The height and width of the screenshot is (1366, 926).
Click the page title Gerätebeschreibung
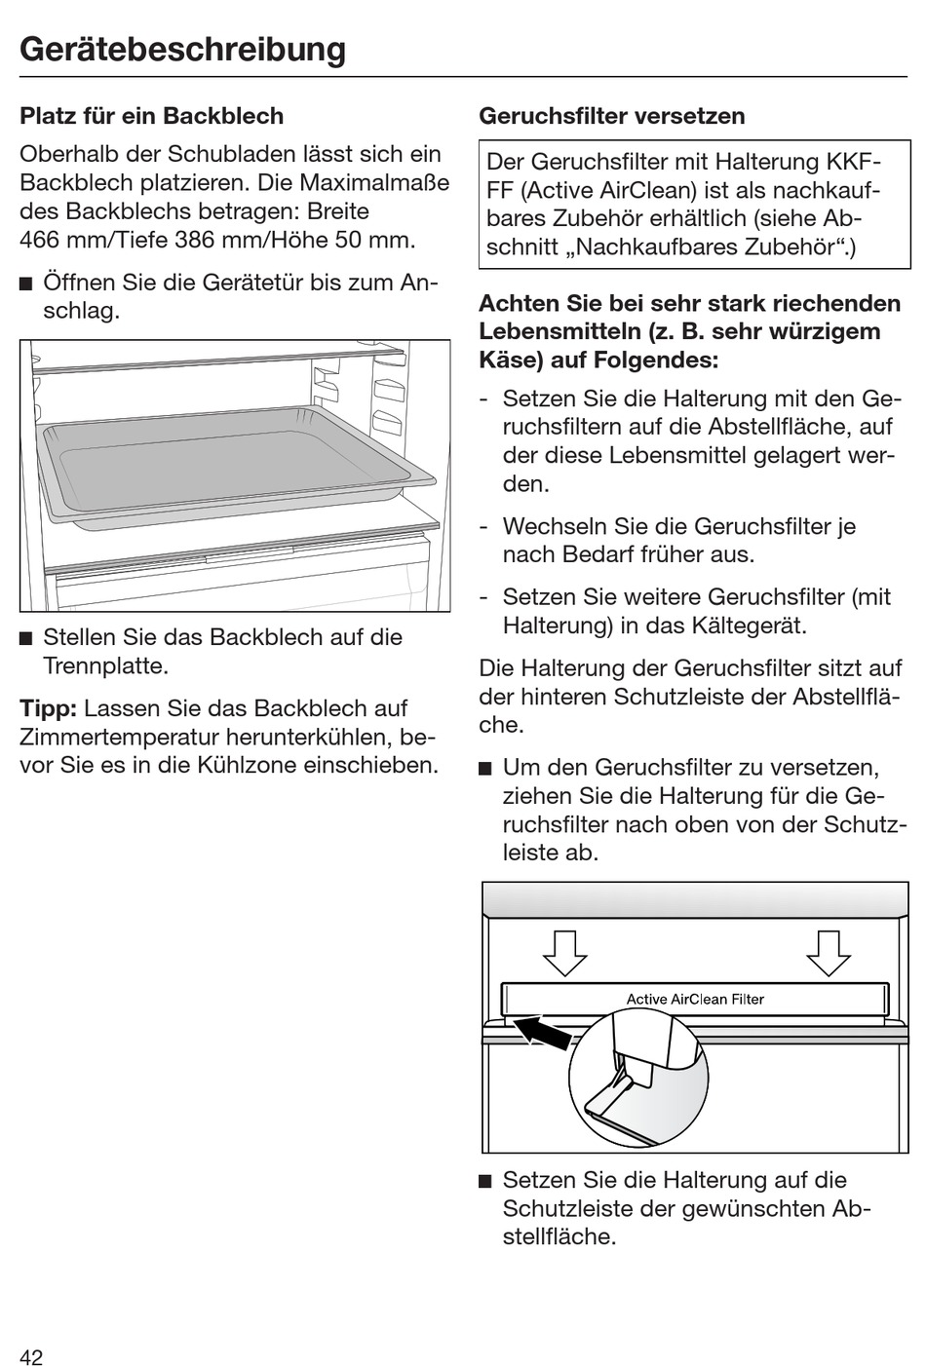pyautogui.click(x=182, y=49)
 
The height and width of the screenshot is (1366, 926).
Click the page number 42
pyautogui.click(x=31, y=1357)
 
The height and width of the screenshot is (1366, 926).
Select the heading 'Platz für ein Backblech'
pyautogui.click(x=151, y=116)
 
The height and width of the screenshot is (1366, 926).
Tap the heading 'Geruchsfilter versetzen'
pyautogui.click(x=611, y=116)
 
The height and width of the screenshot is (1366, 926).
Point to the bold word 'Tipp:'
pyautogui.click(x=48, y=708)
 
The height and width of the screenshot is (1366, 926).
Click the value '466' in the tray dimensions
pyautogui.click(x=41, y=240)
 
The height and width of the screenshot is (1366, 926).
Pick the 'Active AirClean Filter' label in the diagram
pyautogui.click(x=694, y=999)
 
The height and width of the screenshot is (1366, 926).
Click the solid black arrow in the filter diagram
pyautogui.click(x=542, y=1032)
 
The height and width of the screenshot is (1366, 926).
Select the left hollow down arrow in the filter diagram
pyautogui.click(x=564, y=952)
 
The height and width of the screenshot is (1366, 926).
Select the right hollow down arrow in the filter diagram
pyautogui.click(x=829, y=952)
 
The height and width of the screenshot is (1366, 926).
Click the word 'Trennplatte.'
pyautogui.click(x=106, y=666)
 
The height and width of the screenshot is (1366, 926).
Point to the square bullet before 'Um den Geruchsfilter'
pyautogui.click(x=485, y=768)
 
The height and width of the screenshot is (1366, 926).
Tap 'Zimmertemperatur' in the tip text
pyautogui.click(x=115, y=737)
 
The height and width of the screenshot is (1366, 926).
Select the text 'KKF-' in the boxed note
pyautogui.click(x=854, y=161)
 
